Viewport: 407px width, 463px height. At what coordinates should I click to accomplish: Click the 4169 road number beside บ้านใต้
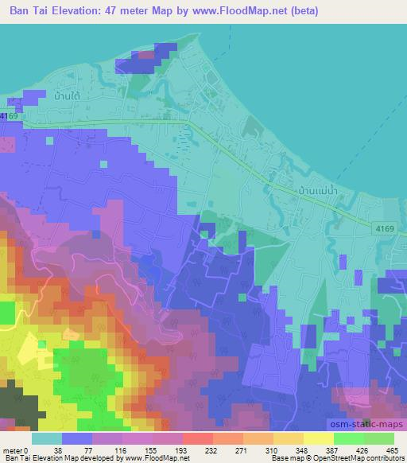10,117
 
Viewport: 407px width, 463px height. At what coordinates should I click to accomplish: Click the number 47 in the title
132,10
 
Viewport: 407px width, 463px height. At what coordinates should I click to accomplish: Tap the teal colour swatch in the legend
47,438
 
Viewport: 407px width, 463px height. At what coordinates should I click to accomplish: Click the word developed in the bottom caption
93,458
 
